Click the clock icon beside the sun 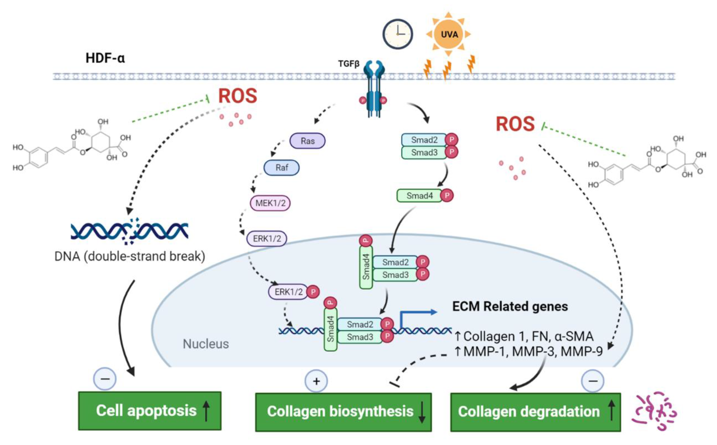tap(398, 34)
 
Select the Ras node tap(307, 141)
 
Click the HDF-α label tap(105, 58)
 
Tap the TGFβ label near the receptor tap(349, 64)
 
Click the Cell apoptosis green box tap(150, 411)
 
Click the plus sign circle tap(316, 381)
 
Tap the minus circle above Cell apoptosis tap(105, 379)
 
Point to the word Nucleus tap(206, 344)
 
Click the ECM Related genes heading tap(510, 306)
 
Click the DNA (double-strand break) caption tap(130, 256)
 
